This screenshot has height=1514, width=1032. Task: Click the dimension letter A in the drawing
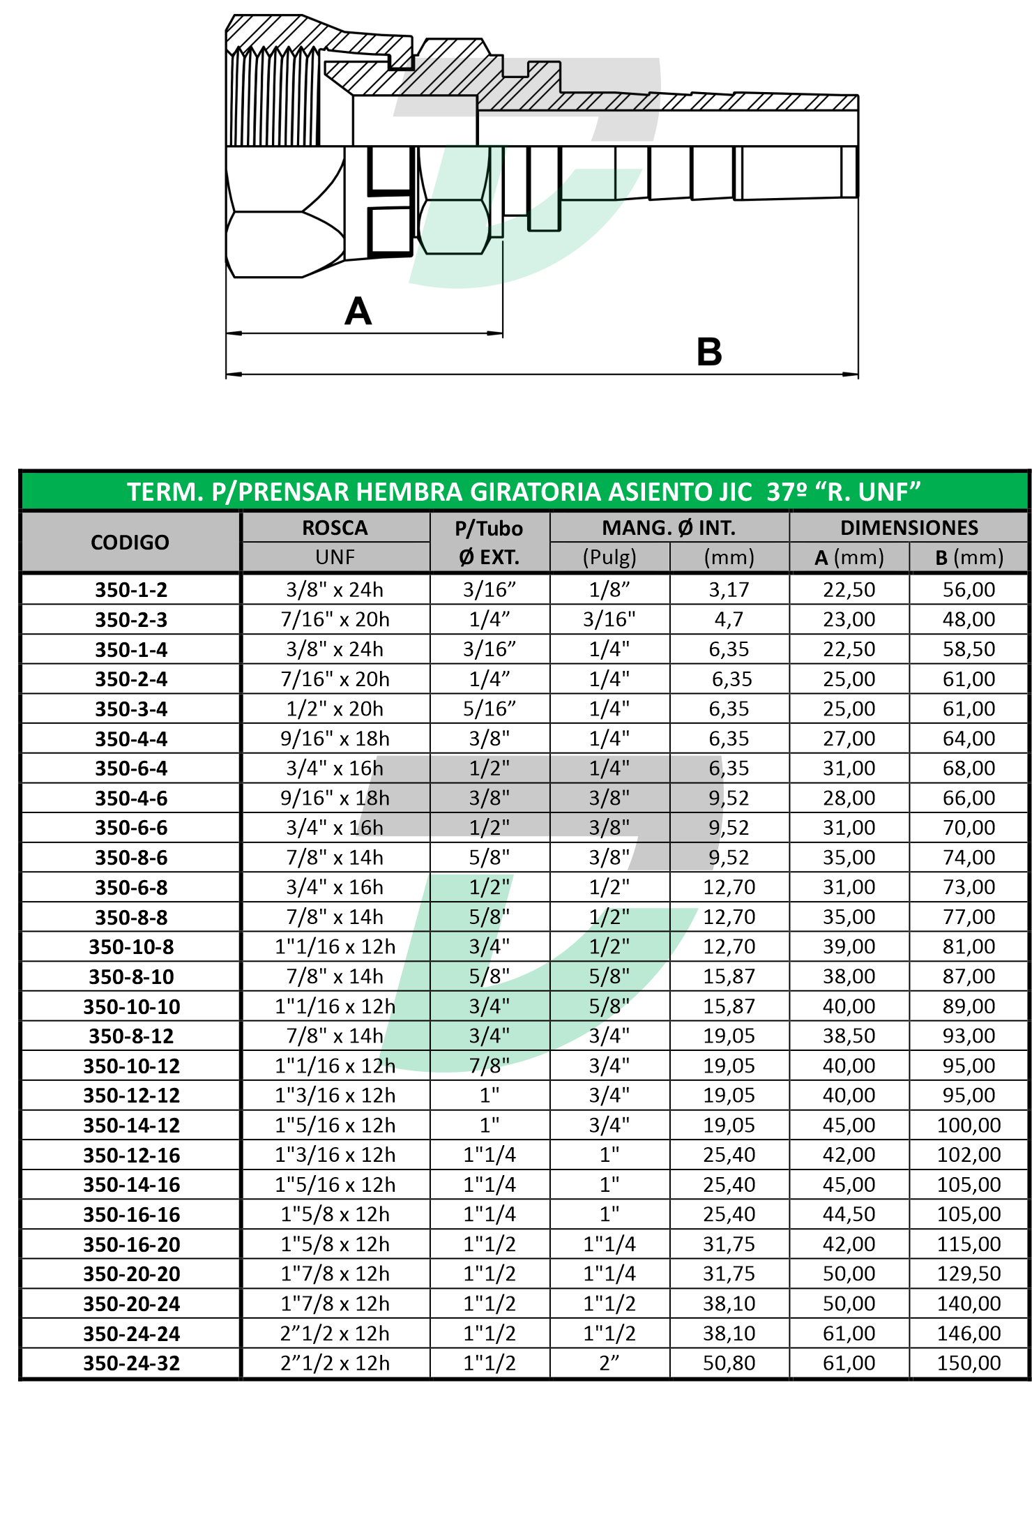(x=358, y=311)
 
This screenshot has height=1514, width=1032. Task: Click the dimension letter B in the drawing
(x=709, y=352)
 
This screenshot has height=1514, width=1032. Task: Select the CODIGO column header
(x=130, y=543)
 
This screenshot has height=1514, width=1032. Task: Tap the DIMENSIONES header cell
(x=909, y=528)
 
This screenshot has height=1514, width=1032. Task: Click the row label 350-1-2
(x=131, y=590)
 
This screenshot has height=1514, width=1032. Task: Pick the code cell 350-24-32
(x=131, y=1363)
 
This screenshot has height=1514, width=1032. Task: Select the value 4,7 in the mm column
(x=729, y=619)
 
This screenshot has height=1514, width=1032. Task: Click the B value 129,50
(x=969, y=1274)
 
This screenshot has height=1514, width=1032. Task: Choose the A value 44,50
(x=849, y=1214)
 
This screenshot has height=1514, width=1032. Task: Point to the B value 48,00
(x=969, y=619)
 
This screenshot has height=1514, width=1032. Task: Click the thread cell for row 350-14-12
(x=335, y=1126)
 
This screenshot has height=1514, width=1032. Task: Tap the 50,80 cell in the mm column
(x=729, y=1363)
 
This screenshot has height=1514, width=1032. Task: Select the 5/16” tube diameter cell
(x=490, y=709)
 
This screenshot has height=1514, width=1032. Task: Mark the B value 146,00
(x=969, y=1333)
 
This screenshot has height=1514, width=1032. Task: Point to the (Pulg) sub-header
(x=609, y=557)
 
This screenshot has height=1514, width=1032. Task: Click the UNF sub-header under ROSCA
(x=335, y=557)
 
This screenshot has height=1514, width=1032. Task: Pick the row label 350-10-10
(x=131, y=1007)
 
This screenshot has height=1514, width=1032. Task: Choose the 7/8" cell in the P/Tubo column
(x=490, y=1066)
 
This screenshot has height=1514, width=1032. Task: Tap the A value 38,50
(x=849, y=1036)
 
